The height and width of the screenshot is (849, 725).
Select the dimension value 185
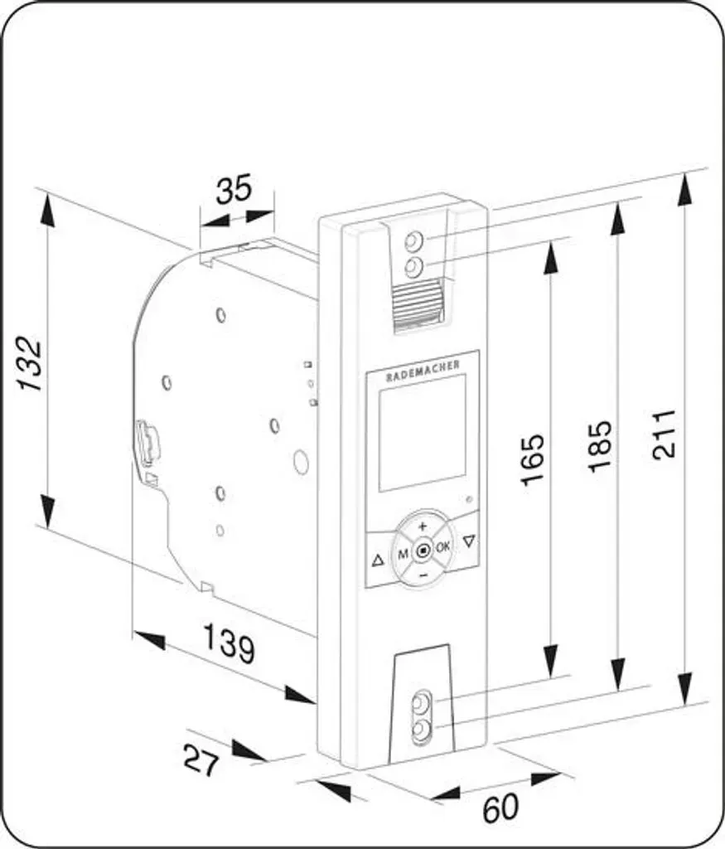pyautogui.click(x=601, y=446)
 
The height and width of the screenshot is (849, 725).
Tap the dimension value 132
pyautogui.click(x=30, y=364)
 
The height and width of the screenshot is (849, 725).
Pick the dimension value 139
pyautogui.click(x=229, y=643)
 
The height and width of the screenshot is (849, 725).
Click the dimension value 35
pyautogui.click(x=234, y=189)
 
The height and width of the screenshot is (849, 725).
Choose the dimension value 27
pyautogui.click(x=201, y=760)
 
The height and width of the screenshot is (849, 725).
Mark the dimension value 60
pyautogui.click(x=500, y=808)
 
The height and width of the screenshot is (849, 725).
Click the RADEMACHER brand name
pyautogui.click(x=423, y=371)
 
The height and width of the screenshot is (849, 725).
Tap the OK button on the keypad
pyautogui.click(x=442, y=547)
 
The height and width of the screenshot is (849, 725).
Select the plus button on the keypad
pyautogui.click(x=422, y=526)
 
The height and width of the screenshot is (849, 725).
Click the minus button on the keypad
pyautogui.click(x=423, y=574)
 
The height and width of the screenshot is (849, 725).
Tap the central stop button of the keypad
pyautogui.click(x=423, y=551)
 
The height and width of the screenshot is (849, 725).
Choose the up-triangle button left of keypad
pyautogui.click(x=378, y=560)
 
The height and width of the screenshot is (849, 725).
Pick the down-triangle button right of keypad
pyautogui.click(x=468, y=540)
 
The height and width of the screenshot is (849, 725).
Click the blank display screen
pyautogui.click(x=422, y=433)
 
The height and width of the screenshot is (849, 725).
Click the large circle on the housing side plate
pyautogui.click(x=300, y=461)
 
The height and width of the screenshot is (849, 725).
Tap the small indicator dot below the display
pyautogui.click(x=469, y=499)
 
